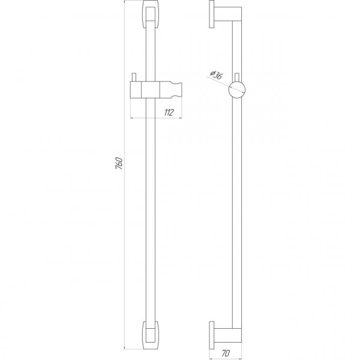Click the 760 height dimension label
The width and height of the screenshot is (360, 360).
[119, 163]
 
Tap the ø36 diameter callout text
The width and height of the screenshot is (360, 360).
[215, 75]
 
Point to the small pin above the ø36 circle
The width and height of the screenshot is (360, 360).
[238, 76]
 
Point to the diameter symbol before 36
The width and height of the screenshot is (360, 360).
[211, 73]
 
